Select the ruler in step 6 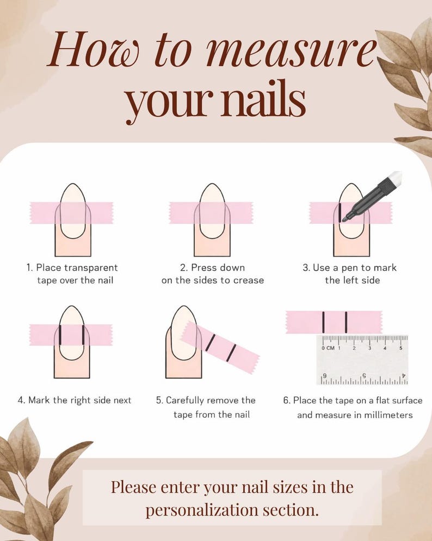click(x=362, y=360)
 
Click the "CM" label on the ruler click(x=330, y=348)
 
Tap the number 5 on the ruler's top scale click(x=400, y=348)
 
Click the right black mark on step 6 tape click(x=346, y=322)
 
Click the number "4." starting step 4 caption click(x=21, y=400)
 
